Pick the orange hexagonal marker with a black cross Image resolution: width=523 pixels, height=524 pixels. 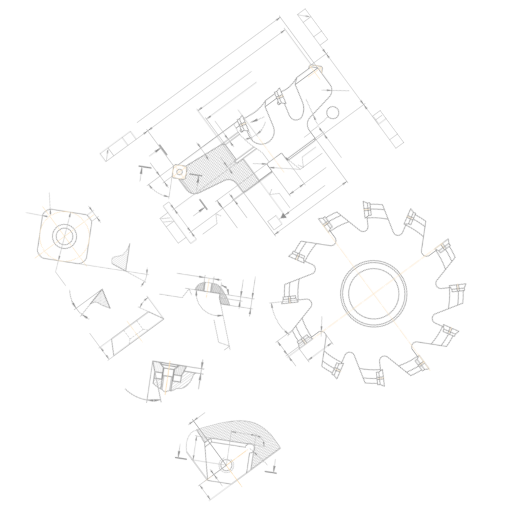coord(179,171)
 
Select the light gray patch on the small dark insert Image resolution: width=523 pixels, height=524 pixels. coord(158,366)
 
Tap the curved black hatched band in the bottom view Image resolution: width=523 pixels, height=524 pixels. coord(245,433)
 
